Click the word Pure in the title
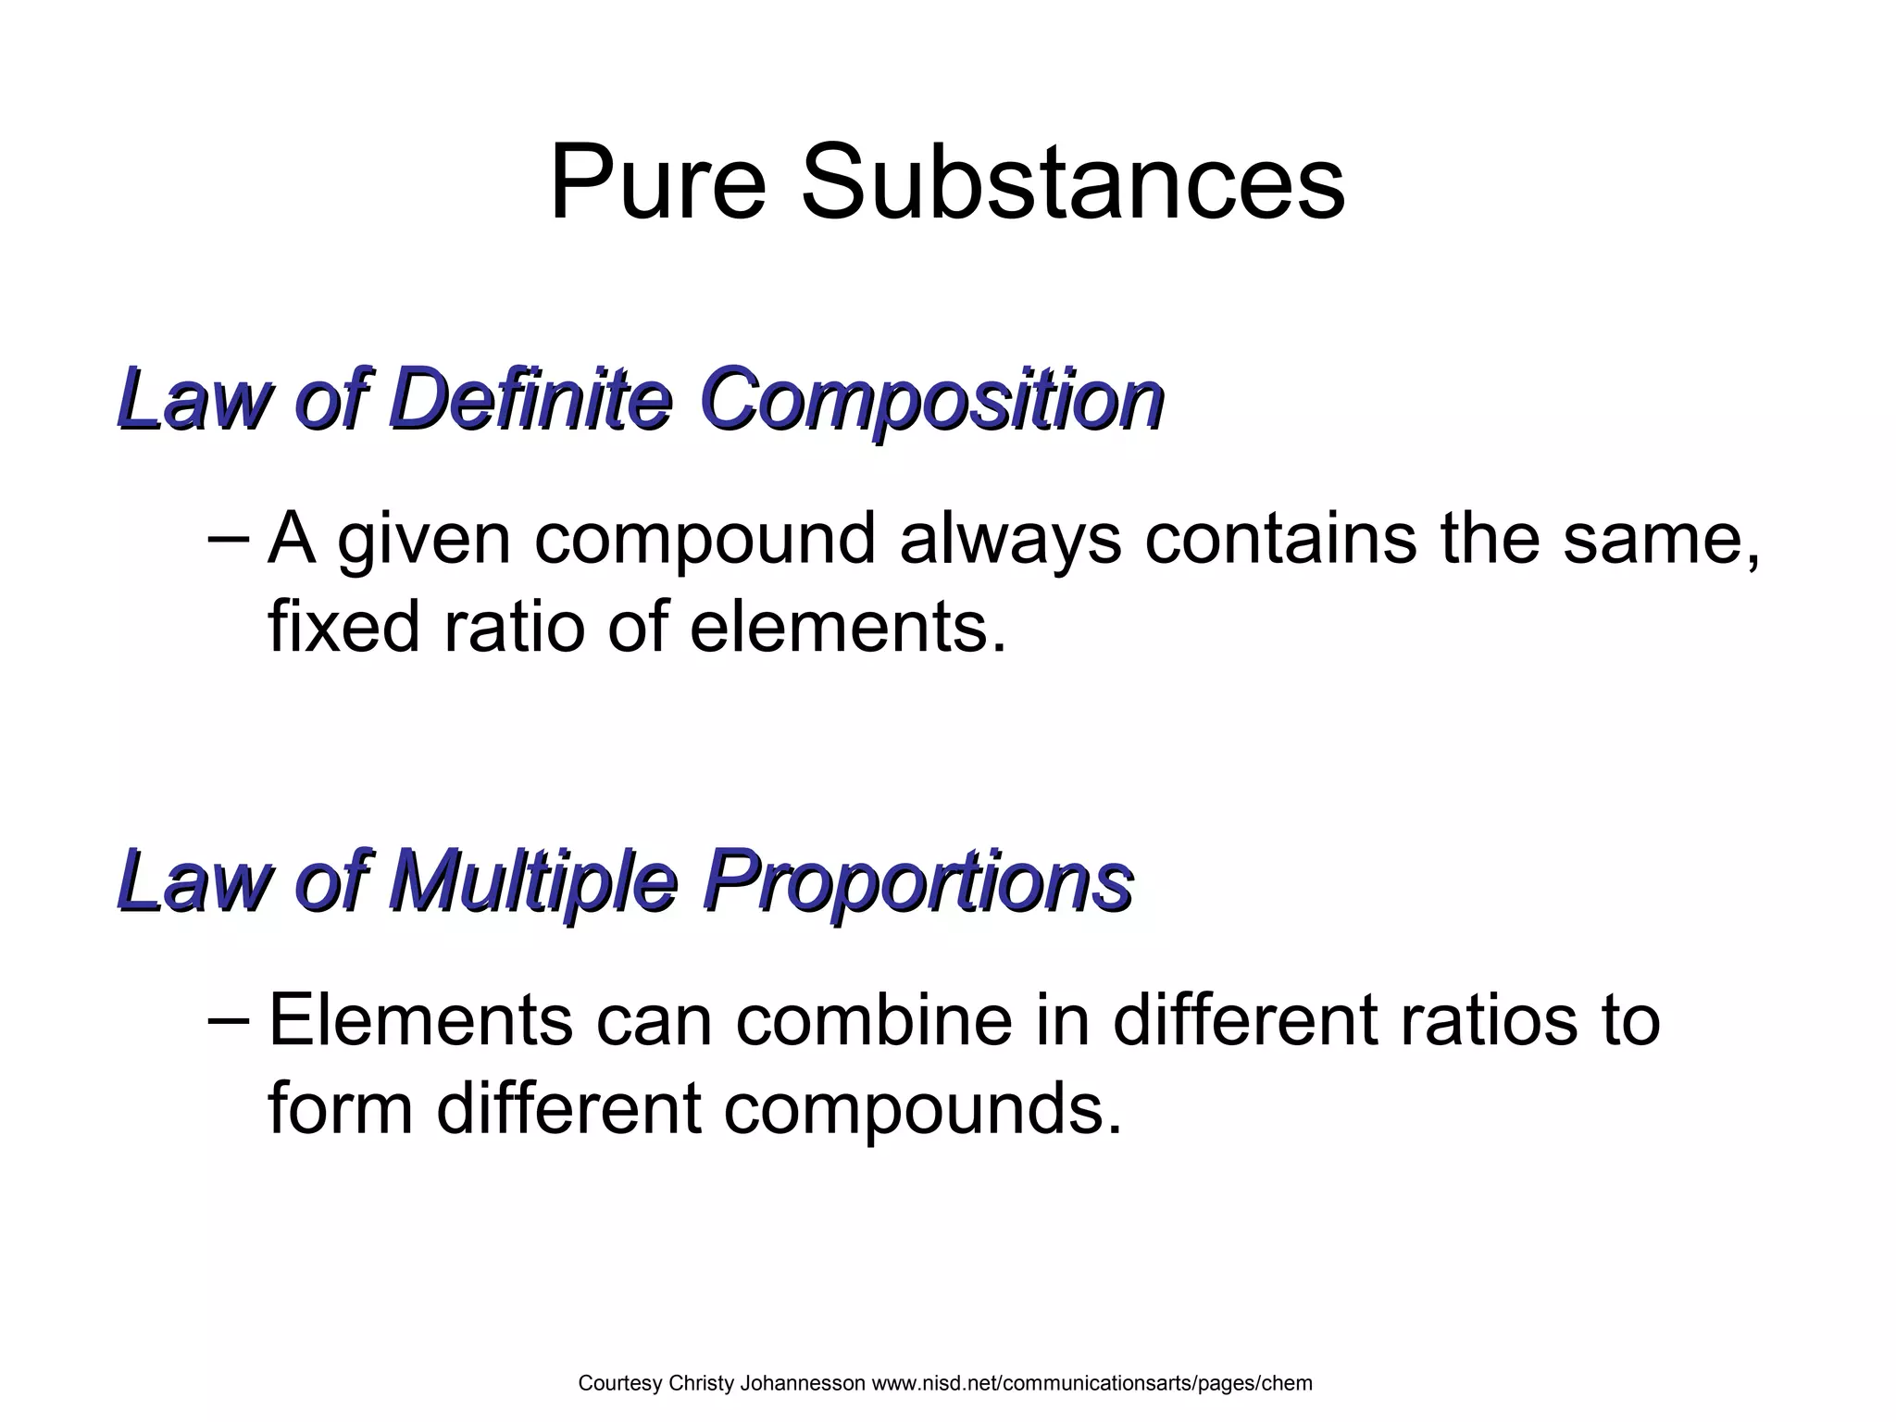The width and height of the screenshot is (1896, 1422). (658, 182)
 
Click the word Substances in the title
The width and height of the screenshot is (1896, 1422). (1072, 182)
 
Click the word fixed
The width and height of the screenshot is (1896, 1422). (344, 627)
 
